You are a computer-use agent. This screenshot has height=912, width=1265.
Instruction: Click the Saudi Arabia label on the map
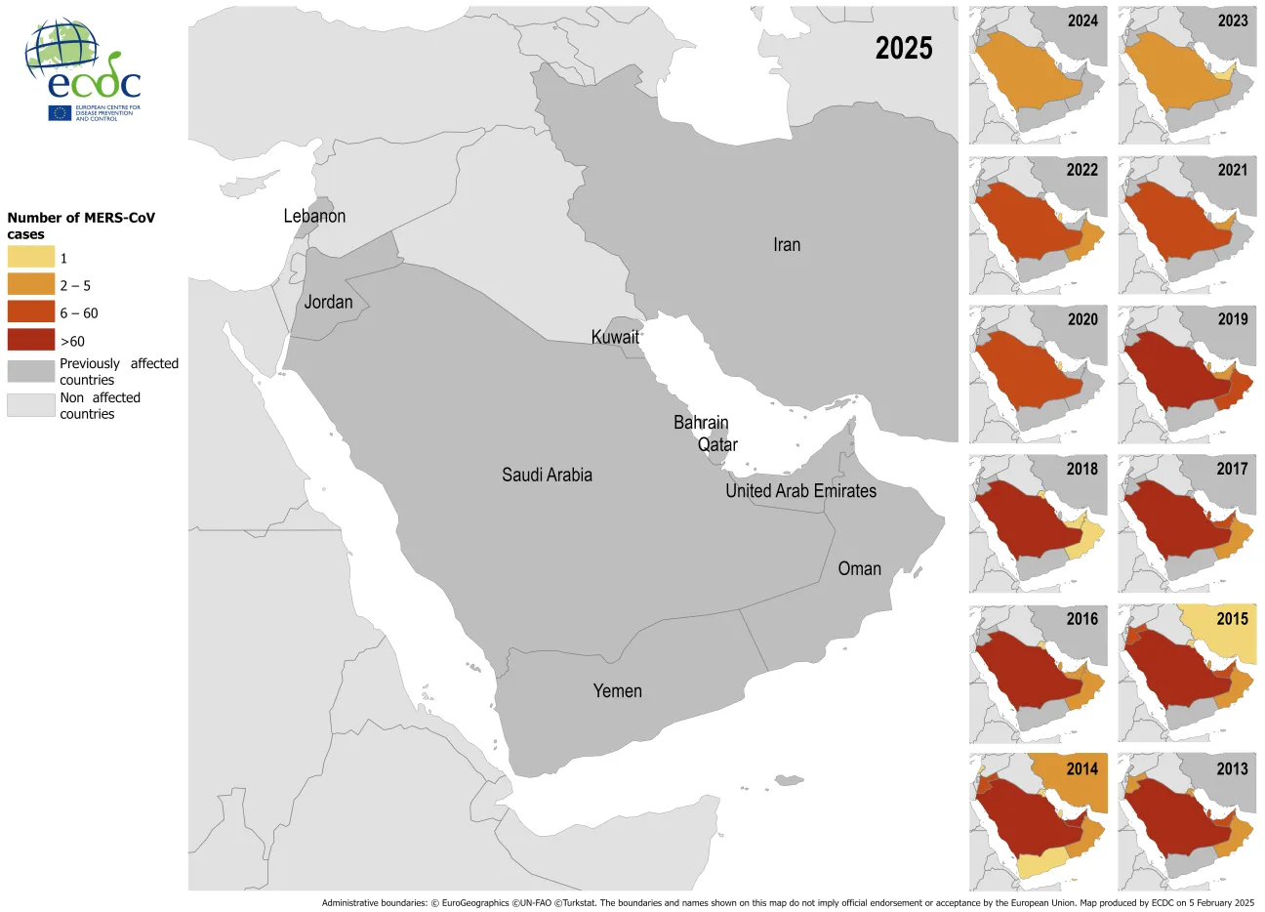coord(547,476)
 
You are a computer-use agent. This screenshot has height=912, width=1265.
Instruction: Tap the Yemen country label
coord(617,691)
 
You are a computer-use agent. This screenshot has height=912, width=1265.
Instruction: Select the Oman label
coord(859,569)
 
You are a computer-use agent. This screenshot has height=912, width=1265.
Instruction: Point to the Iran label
coord(787,245)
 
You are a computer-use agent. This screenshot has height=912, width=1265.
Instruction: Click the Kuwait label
coord(615,337)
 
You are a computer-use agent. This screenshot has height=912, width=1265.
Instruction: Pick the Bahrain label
coord(701,423)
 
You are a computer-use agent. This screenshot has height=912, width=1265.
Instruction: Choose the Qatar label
coord(717,444)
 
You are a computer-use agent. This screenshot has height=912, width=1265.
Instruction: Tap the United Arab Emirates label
coord(800,491)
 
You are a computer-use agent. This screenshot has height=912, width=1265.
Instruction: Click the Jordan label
coord(328,302)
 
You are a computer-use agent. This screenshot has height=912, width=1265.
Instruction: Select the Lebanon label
coord(314,216)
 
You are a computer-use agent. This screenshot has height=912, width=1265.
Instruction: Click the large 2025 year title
coord(903,49)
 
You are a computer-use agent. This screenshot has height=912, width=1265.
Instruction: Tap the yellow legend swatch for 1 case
coord(31,257)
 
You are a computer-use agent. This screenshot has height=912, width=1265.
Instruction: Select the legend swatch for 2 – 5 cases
coord(31,284)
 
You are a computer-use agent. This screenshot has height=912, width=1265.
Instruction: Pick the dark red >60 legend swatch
coord(31,340)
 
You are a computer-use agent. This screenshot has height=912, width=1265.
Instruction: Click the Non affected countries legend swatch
coord(31,404)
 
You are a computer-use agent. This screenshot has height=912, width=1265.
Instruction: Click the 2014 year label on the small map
coord(1081,769)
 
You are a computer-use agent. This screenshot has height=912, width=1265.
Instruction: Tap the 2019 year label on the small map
coord(1232,319)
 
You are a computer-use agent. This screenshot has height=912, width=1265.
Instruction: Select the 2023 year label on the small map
coord(1232,21)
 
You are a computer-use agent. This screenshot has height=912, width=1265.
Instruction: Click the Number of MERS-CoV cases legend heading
coord(81,226)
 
